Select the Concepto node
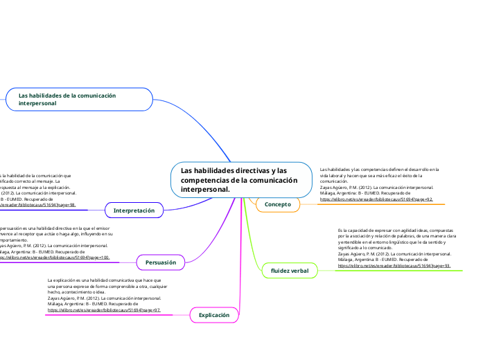(278, 204)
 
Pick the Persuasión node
(160, 262)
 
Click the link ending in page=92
(376, 199)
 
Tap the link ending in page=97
(104, 310)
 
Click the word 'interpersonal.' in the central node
(204, 189)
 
